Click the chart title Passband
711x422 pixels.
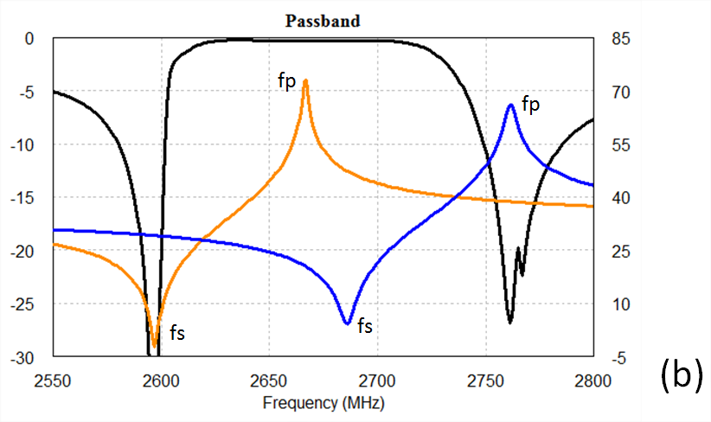pos(323,21)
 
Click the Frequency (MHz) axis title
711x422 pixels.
pos(323,403)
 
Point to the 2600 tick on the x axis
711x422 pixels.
pos(161,380)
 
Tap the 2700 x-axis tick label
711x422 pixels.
pos(377,380)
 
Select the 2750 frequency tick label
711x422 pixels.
pos(485,380)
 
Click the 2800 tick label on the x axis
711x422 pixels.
pos(593,380)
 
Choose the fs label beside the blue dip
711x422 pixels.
pos(365,326)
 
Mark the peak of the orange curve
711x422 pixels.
pos(305,80)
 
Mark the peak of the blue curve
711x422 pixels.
pos(511,105)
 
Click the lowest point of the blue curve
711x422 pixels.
pos(347,323)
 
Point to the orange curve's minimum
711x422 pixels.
pos(155,346)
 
